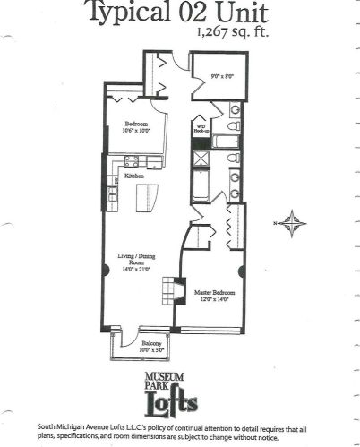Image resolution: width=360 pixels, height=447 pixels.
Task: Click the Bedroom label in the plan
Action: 129,125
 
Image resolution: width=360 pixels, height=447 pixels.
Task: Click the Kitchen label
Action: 134,176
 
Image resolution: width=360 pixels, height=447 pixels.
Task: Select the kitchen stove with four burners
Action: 131,161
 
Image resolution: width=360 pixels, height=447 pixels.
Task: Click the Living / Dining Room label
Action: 135,260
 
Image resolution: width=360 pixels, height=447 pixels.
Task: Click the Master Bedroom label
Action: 211,291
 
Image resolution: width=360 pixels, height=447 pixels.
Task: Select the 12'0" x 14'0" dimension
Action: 211,299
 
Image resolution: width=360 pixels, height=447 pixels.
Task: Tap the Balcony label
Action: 151,341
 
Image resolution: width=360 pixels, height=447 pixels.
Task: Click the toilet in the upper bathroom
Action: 234,112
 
